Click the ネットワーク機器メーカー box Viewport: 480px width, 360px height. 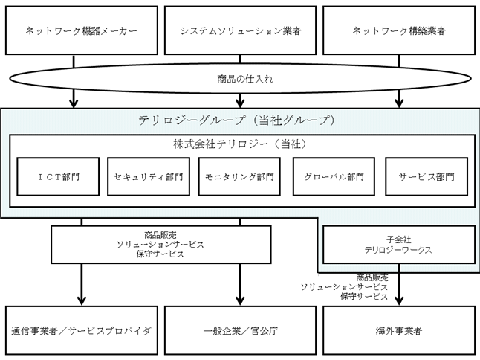[82, 30]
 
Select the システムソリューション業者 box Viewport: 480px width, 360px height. [240, 30]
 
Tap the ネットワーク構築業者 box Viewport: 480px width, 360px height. [399, 30]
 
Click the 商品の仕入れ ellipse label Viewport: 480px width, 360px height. [245, 79]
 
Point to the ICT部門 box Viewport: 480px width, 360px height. [58, 176]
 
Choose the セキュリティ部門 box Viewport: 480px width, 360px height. [149, 176]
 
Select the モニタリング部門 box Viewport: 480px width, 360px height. [239, 176]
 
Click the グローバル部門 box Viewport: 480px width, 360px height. [334, 176]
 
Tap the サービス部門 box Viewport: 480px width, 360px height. [427, 176]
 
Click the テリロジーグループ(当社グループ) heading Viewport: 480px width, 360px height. [236, 120]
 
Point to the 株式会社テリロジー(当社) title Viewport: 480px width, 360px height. [240, 144]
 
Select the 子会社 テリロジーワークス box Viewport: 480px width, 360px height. [399, 245]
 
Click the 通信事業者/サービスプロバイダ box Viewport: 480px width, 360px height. [82, 330]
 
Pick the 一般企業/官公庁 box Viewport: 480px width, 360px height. [240, 330]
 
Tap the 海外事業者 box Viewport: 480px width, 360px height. [399, 330]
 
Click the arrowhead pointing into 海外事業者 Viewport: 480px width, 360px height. [399, 301]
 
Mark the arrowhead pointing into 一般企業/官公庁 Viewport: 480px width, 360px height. [240, 301]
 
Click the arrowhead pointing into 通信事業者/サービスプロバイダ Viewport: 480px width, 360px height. [82, 301]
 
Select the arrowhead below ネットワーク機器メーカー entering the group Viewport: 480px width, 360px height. [74, 103]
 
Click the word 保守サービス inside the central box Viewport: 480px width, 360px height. [160, 254]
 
